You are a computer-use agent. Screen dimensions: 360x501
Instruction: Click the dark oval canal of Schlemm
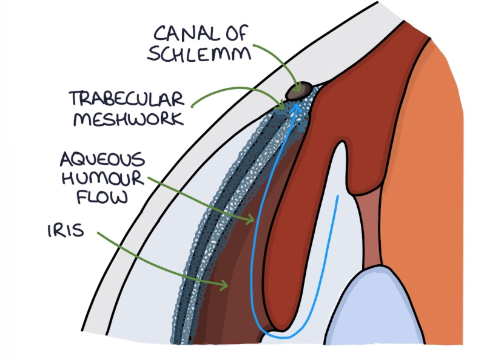pos(300,90)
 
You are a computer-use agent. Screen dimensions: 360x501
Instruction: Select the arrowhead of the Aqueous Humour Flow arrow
pos(252,219)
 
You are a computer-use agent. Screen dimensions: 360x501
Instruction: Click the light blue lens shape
pos(376,315)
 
